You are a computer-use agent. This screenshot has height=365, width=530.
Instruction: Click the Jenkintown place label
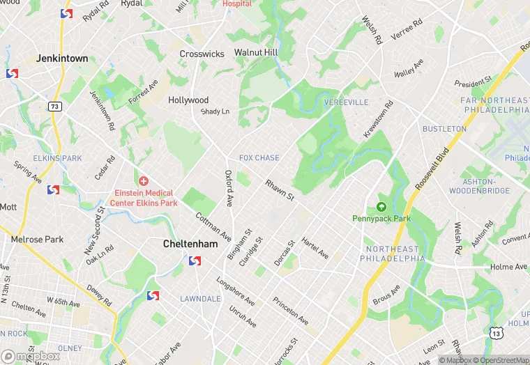[62, 59]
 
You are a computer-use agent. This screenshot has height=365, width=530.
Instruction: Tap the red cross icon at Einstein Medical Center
[143, 181]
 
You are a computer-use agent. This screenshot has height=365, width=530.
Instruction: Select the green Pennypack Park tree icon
[381, 206]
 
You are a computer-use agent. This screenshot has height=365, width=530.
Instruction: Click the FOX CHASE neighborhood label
[259, 158]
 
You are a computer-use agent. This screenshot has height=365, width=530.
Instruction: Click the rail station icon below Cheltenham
[195, 261]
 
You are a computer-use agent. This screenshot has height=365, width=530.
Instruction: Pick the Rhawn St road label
[280, 191]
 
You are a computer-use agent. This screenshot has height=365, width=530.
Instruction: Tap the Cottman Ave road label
[213, 228]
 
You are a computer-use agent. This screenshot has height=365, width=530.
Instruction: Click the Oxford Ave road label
[229, 189]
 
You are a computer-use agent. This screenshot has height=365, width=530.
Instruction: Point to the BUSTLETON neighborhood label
[444, 129]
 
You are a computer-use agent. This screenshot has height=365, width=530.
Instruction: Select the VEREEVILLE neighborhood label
[346, 102]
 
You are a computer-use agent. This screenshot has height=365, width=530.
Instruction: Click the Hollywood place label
[188, 100]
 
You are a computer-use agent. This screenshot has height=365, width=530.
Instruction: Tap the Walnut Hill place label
[255, 53]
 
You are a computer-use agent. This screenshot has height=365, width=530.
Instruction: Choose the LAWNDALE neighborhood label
[200, 298]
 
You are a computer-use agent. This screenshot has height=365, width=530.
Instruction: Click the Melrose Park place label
[37, 240]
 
